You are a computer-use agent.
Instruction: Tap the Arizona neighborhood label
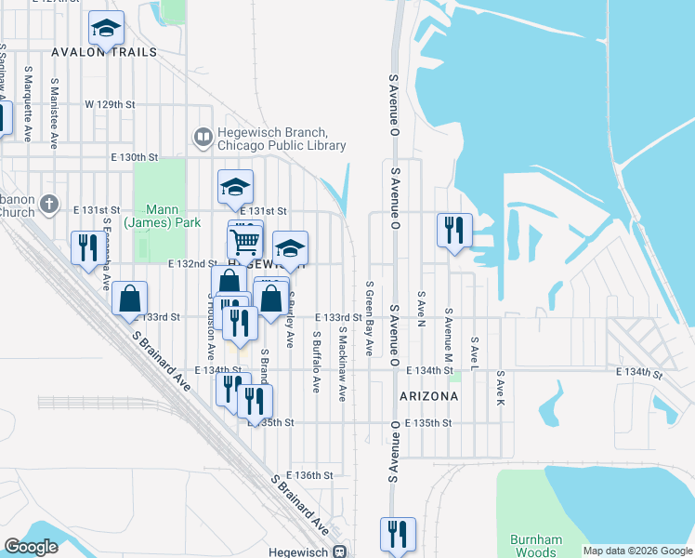(x=428, y=396)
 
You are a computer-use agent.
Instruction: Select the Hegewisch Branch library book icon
(x=202, y=138)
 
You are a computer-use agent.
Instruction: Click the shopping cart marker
(x=245, y=241)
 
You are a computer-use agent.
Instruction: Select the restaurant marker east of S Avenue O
(x=454, y=229)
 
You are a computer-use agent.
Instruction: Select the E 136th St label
(x=310, y=475)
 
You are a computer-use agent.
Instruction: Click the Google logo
(x=32, y=547)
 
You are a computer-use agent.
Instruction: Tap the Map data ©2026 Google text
(x=637, y=551)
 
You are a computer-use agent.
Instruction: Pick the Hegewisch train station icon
(x=341, y=551)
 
